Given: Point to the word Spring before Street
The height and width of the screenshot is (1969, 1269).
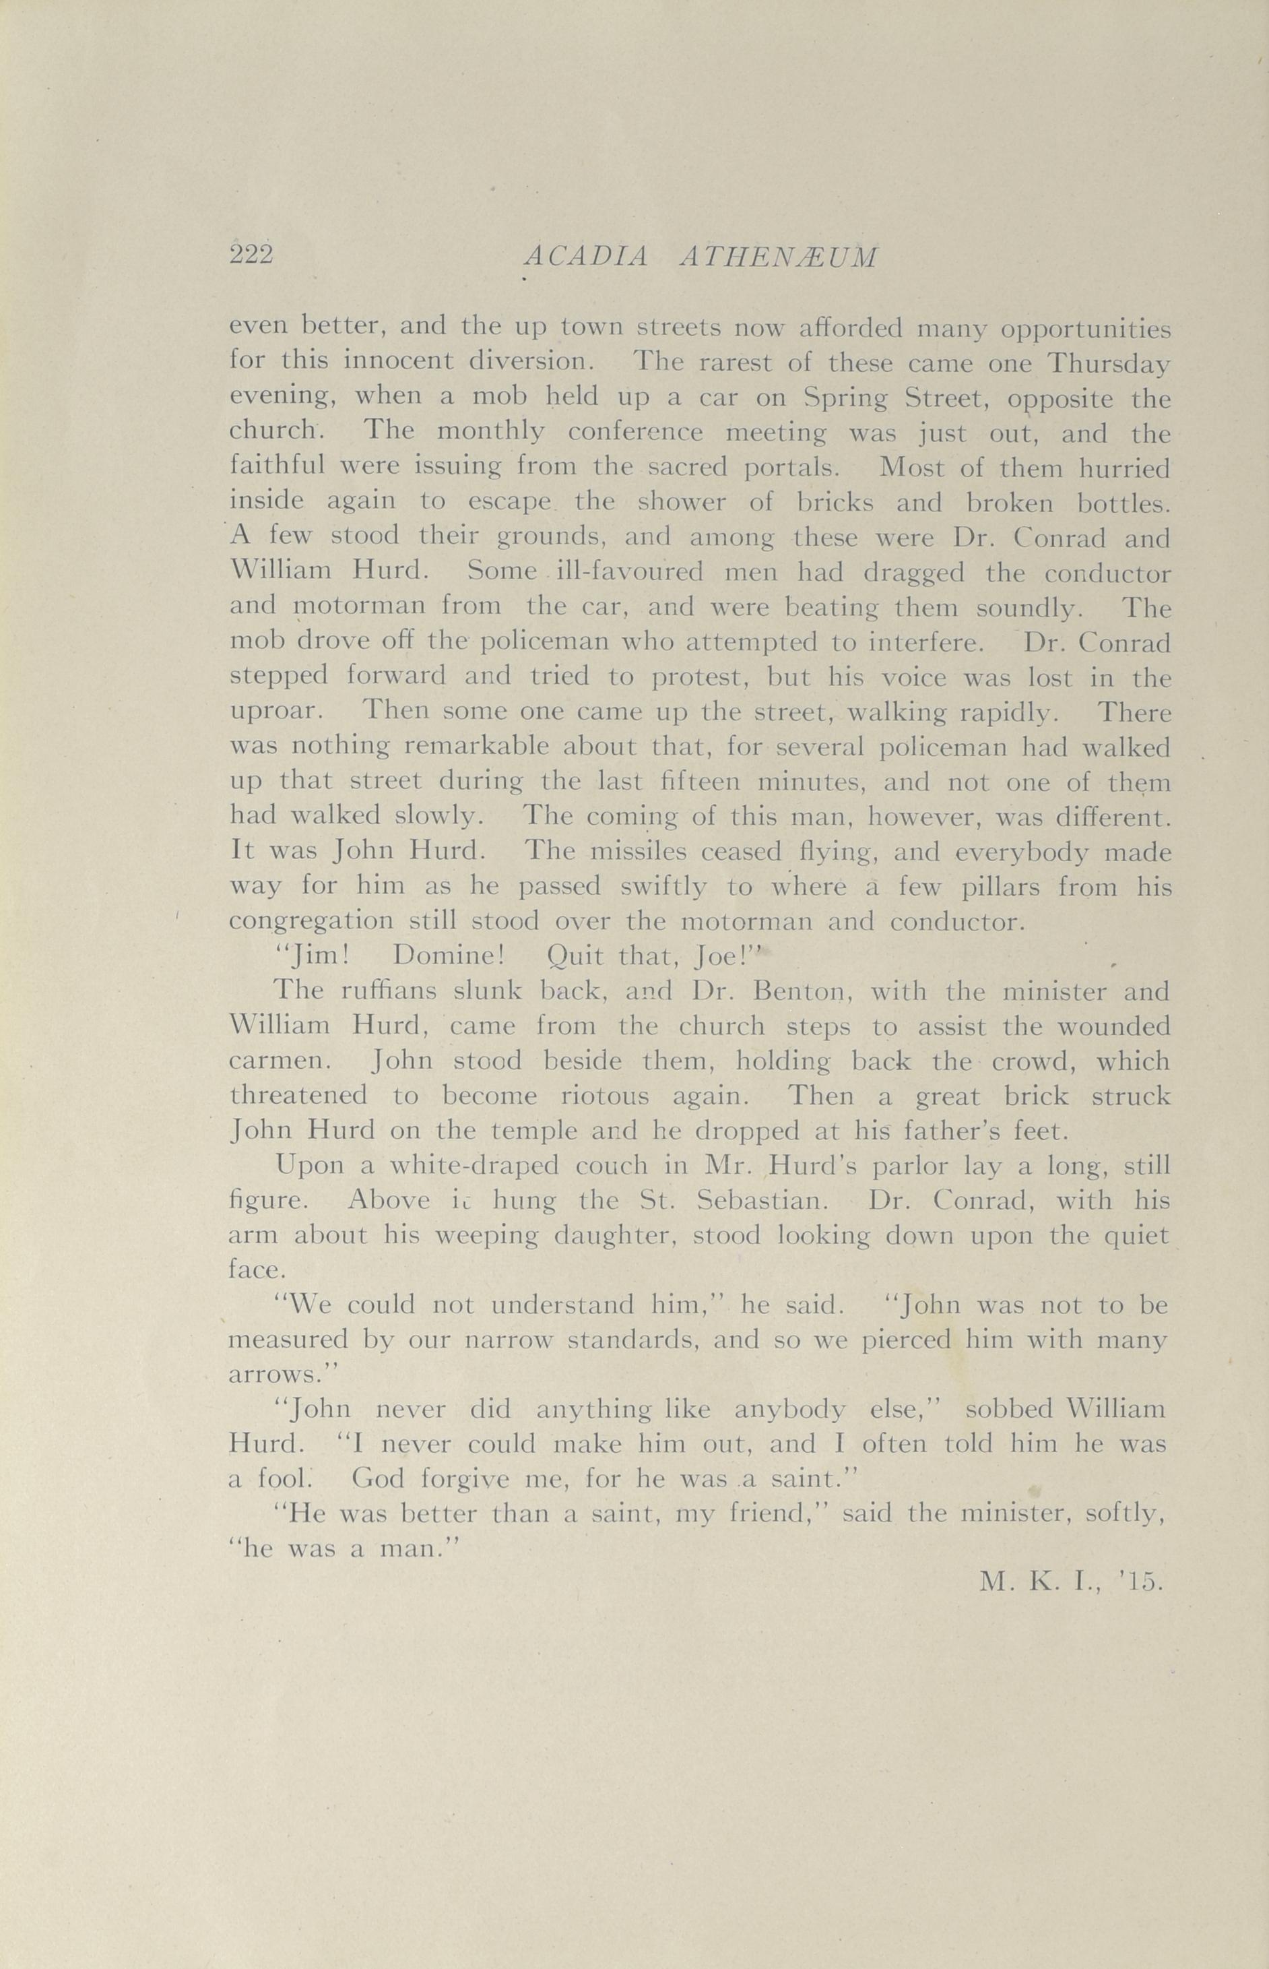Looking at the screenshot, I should (846, 399).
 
